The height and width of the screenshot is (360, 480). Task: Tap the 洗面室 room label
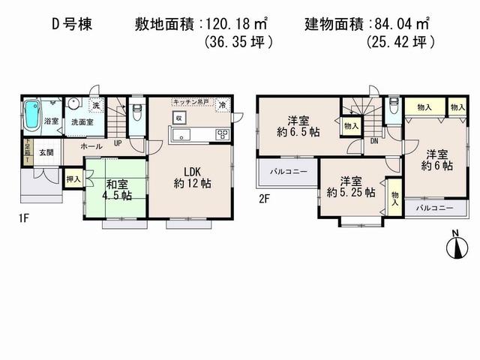[x=78, y=122]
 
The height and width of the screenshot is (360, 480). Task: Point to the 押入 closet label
[x=73, y=180]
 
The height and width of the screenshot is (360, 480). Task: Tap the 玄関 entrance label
[x=46, y=152]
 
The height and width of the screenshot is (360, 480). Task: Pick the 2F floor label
[x=264, y=199]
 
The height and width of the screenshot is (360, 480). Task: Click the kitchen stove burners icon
[x=223, y=134]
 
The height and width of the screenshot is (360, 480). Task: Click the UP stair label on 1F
[x=118, y=142]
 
